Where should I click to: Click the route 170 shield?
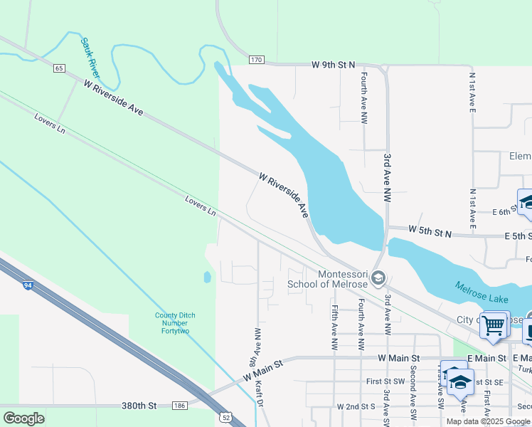[x=256, y=59]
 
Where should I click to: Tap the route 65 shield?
[x=59, y=68]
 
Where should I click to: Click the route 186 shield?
[x=179, y=406]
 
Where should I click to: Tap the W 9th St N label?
[x=333, y=65]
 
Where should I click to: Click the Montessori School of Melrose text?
[x=327, y=280]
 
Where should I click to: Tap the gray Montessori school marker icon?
[x=378, y=278]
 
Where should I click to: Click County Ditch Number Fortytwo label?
[x=175, y=324]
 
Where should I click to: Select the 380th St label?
[x=138, y=406]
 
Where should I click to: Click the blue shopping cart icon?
[x=494, y=325]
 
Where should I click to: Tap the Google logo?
[x=23, y=418]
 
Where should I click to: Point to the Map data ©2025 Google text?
[x=488, y=421]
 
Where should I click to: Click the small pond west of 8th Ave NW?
[x=207, y=277]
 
